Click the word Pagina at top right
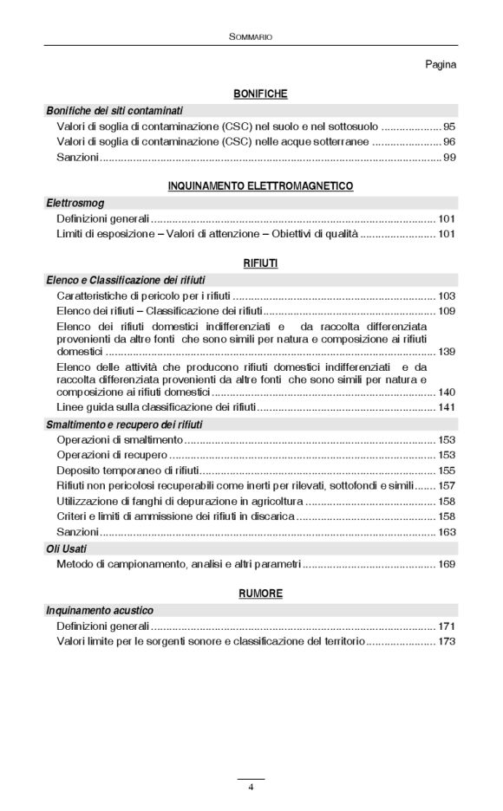(441, 64)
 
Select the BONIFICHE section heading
(260, 94)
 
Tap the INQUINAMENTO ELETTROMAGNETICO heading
(260, 185)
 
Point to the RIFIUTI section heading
(260, 262)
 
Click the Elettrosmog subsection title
(74, 202)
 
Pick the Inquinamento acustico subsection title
(100, 610)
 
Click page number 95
(449, 126)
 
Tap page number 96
(449, 141)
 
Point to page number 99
(449, 158)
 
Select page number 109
(447, 310)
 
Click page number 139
(447, 352)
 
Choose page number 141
(447, 407)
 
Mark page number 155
(447, 470)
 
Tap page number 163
(447, 532)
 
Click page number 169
(447, 565)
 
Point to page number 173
(447, 642)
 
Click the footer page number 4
(251, 787)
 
